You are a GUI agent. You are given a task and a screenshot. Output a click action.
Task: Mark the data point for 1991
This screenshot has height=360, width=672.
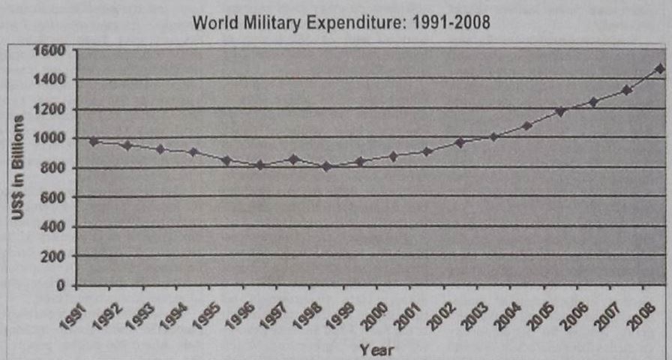click(x=94, y=141)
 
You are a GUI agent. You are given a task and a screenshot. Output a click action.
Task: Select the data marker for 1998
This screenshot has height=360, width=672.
click(x=326, y=166)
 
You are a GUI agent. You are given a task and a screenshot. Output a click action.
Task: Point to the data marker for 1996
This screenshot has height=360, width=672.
click(x=259, y=165)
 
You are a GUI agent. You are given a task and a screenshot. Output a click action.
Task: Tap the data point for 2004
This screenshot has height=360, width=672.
click(x=526, y=125)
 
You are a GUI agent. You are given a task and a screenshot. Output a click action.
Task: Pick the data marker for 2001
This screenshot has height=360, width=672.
click(x=427, y=151)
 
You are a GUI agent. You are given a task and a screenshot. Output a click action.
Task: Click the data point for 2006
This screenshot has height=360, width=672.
click(x=593, y=102)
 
